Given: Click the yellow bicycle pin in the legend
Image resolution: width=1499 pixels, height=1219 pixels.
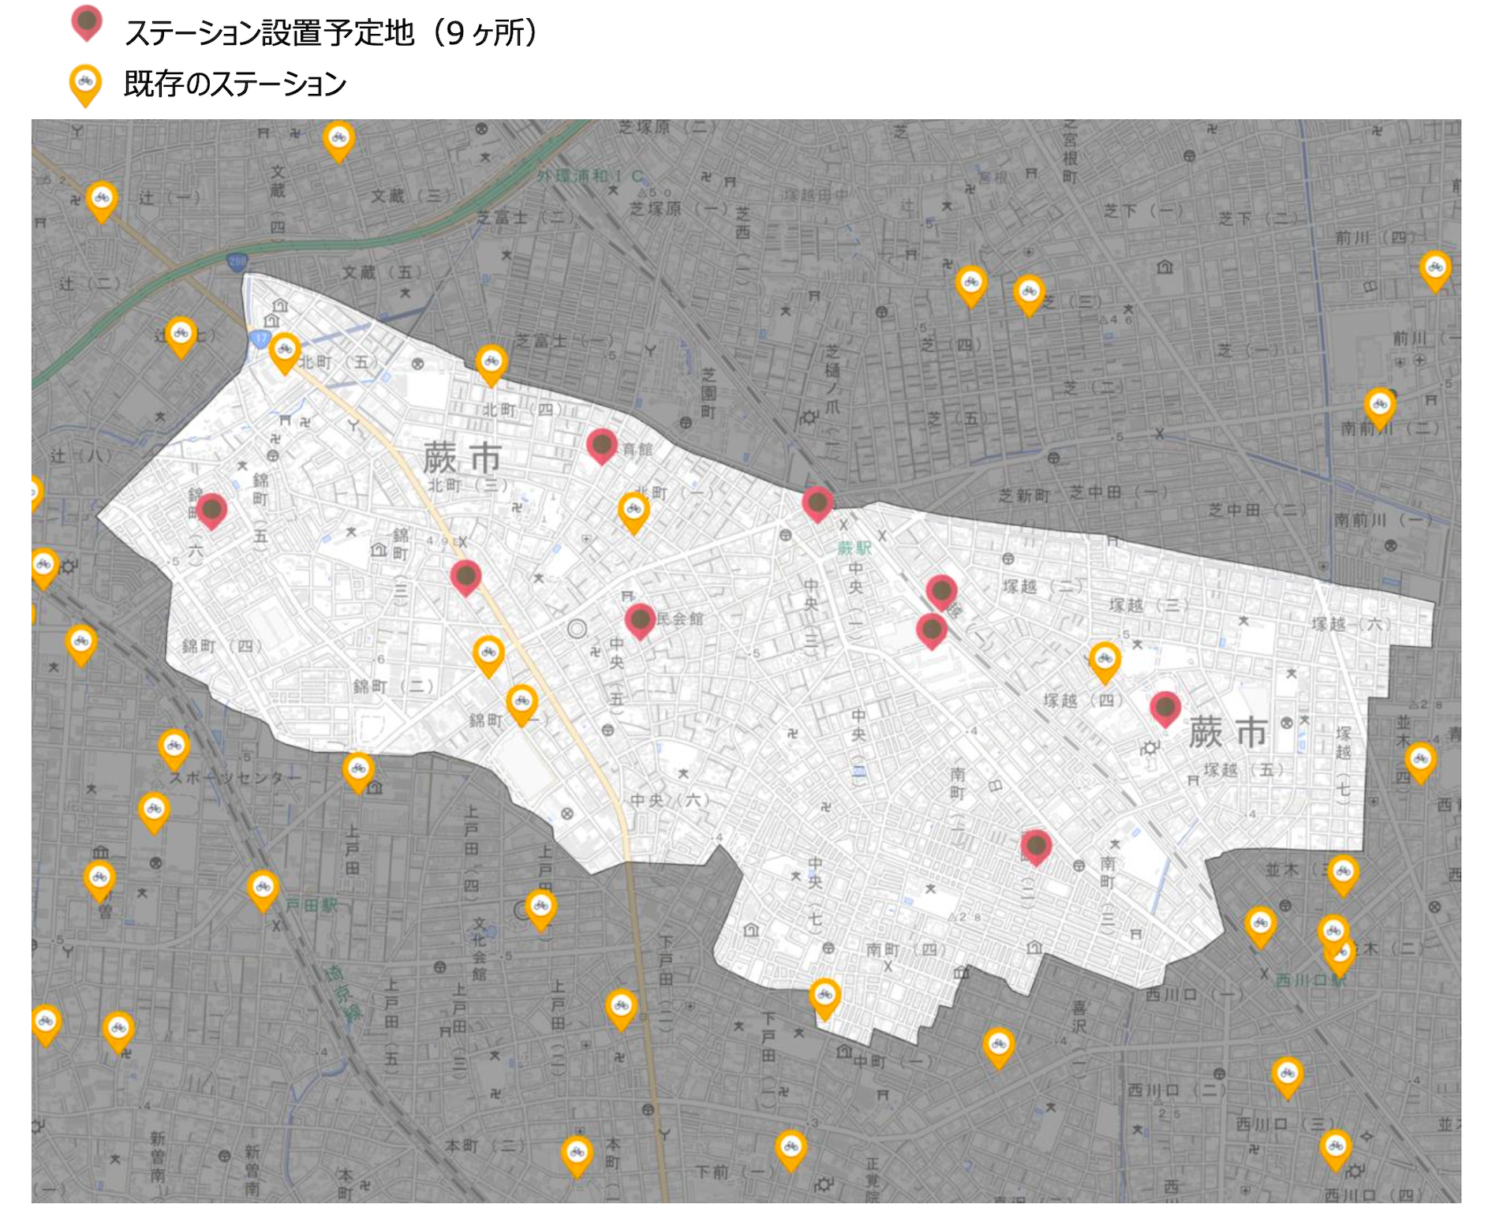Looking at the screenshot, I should point(85,84).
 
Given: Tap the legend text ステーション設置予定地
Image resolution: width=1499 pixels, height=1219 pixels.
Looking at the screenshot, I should point(269,33).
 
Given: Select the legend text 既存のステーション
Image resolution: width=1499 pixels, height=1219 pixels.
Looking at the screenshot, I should point(235,84).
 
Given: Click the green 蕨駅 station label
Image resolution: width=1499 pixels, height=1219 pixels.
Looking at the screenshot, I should point(853,548).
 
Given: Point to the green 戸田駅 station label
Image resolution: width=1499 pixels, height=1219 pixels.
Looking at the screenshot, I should point(311,905).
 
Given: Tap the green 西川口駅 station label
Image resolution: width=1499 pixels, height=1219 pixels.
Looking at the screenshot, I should point(1310,980).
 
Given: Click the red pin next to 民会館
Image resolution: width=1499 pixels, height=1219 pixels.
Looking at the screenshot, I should point(640,620).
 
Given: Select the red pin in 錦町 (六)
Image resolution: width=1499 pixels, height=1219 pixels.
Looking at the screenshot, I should point(211,510).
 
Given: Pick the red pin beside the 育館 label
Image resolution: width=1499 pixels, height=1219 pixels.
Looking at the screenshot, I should point(602,446).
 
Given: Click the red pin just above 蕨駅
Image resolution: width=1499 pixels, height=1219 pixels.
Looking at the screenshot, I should point(817,503).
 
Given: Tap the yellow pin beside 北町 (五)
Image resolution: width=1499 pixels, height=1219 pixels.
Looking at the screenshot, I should point(285,351).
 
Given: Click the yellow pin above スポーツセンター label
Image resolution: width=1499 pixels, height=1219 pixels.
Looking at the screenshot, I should point(174,748).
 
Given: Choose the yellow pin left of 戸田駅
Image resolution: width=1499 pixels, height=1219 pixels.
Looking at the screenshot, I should point(263,889).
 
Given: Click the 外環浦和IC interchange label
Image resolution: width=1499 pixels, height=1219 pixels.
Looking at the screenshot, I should point(589,175).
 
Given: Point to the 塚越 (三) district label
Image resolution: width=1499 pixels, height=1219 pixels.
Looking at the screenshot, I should point(1148,605).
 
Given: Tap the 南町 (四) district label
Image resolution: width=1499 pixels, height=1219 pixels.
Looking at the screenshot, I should point(905,949).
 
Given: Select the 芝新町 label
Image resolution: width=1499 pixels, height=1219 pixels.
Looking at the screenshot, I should point(1024,495).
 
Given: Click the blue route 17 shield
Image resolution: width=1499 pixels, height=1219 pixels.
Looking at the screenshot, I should point(260,338).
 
